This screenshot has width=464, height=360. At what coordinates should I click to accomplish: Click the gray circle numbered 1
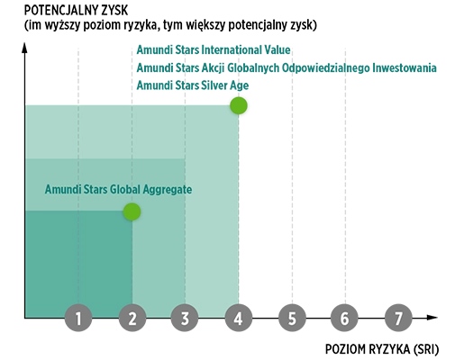[78, 318]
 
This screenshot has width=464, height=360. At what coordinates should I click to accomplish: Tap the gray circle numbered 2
[132, 318]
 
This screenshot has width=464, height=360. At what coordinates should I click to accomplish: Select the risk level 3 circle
[185, 318]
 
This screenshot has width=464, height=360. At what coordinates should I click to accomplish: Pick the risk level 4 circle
[239, 318]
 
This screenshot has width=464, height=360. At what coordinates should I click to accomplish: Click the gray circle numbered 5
[292, 318]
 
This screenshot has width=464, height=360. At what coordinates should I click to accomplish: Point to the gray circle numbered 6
[344, 318]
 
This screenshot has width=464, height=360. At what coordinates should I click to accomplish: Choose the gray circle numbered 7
[398, 318]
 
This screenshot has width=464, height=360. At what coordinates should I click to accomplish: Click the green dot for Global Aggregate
[132, 211]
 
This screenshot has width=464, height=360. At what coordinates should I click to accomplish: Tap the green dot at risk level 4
[239, 105]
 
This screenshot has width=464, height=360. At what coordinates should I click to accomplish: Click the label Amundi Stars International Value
[214, 49]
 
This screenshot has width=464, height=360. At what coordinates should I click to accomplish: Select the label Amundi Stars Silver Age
[193, 85]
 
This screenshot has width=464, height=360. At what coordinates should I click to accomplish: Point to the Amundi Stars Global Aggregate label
[118, 190]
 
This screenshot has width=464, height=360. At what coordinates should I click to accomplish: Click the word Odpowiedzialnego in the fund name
[325, 68]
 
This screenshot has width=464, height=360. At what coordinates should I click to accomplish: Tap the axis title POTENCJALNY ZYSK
[76, 11]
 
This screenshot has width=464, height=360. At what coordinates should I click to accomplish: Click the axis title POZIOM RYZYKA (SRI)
[382, 349]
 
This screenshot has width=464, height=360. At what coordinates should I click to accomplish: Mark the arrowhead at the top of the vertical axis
[24, 48]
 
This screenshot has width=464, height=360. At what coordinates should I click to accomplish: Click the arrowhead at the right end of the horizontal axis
[432, 318]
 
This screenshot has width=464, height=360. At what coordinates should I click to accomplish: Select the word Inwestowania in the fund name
[405, 67]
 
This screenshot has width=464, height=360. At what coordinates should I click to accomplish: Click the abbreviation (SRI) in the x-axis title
[426, 350]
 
